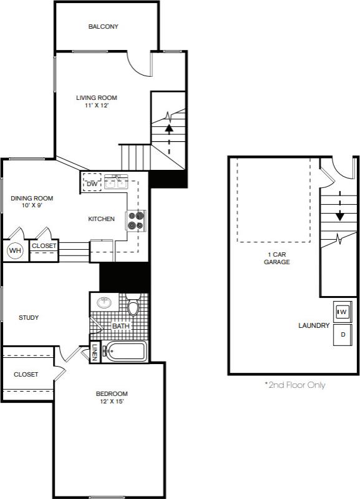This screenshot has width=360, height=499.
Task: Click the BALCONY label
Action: [x=103, y=27]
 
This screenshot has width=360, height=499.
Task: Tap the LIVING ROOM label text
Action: [x=97, y=102]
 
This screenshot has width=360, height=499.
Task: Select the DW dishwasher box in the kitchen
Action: [x=92, y=184]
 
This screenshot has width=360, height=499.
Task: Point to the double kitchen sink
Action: [x=116, y=182]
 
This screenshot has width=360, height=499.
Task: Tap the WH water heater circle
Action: [x=14, y=251]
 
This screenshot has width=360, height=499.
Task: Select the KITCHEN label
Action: [x=101, y=219]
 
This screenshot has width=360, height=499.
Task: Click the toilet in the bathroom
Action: [x=132, y=306]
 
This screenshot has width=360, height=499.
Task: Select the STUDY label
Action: [x=29, y=318]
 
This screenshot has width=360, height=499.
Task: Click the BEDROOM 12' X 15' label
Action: [x=112, y=397]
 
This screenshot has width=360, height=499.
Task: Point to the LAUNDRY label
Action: [x=313, y=325]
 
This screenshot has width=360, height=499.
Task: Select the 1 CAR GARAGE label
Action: [x=276, y=258]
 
